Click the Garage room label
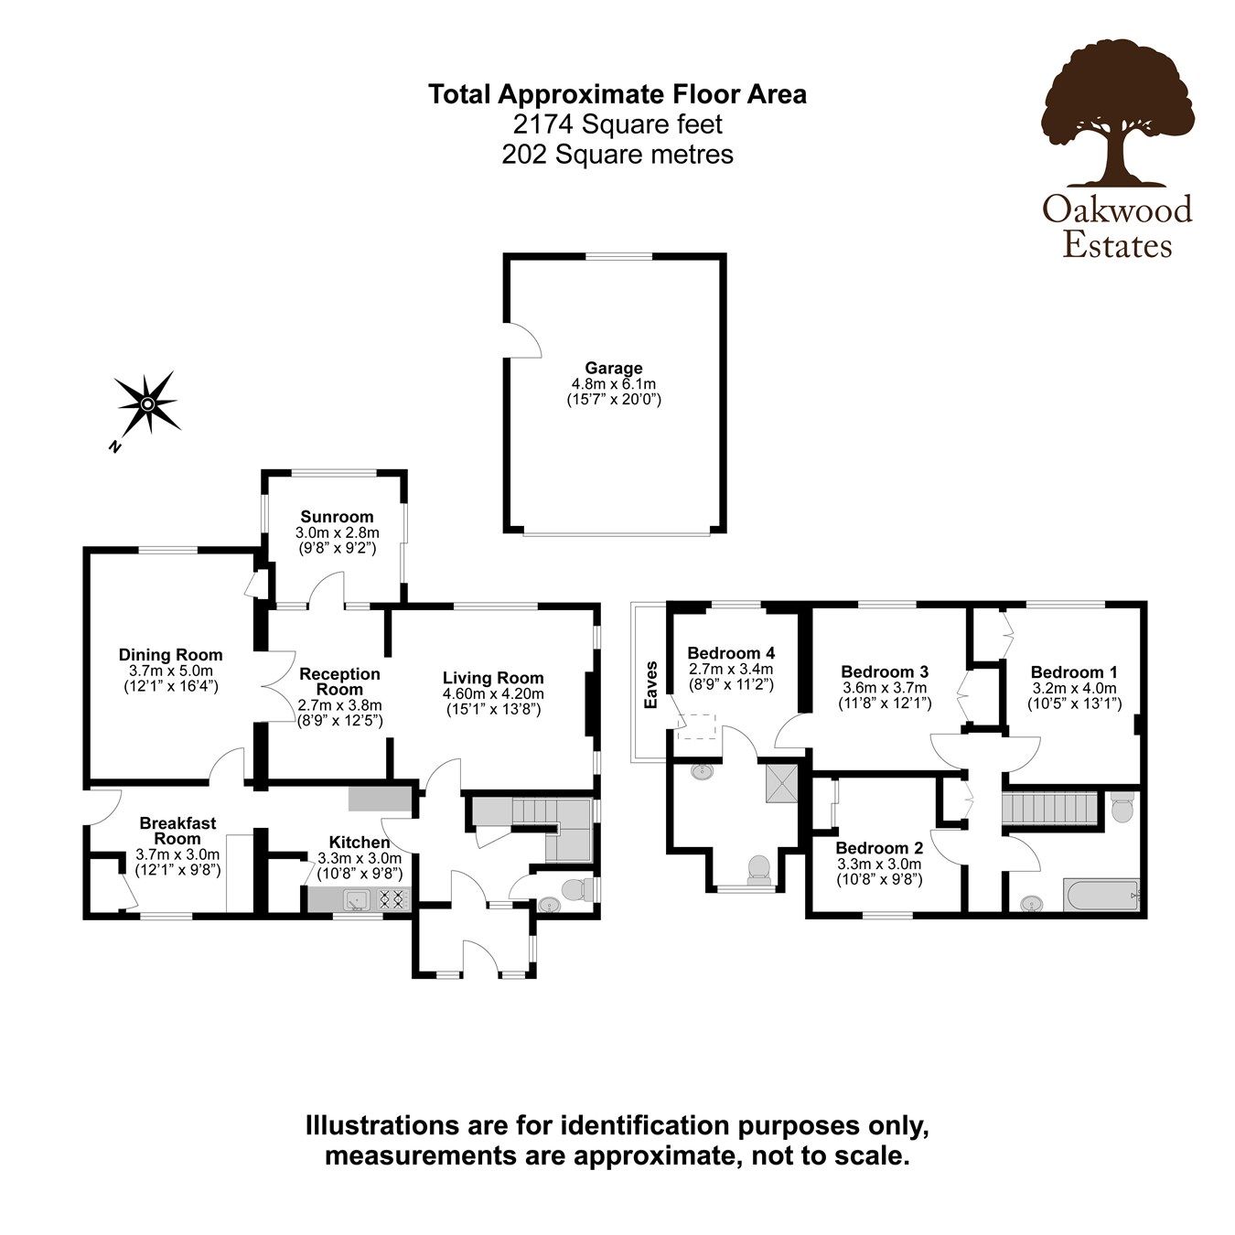(614, 369)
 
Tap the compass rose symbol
(146, 403)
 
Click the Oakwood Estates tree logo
(1117, 114)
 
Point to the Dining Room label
(171, 654)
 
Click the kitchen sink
(354, 900)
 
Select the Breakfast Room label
(177, 831)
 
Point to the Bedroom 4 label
(731, 653)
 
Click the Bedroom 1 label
(1074, 671)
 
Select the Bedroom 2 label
(877, 847)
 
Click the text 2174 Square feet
(617, 123)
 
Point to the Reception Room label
(339, 682)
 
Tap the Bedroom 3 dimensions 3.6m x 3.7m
(884, 688)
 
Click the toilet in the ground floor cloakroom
(577, 888)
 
